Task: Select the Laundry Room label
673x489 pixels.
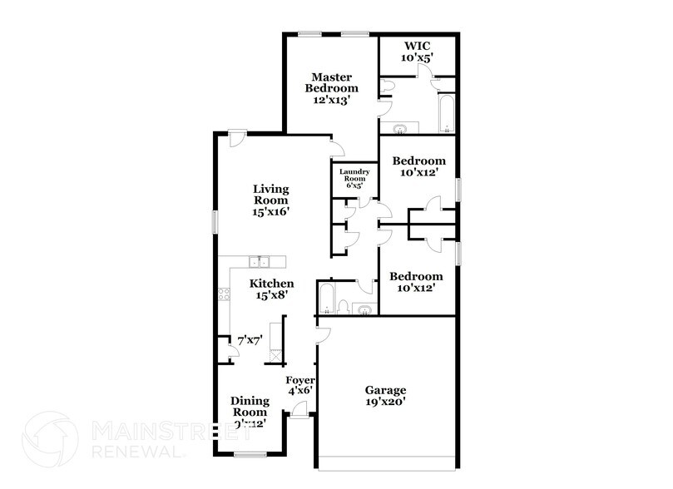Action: click(354, 174)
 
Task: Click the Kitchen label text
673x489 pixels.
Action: click(271, 284)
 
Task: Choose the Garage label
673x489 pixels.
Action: click(385, 390)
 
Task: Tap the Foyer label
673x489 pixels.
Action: click(299, 380)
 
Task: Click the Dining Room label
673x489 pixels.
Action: click(250, 406)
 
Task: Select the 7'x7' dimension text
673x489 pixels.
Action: click(250, 341)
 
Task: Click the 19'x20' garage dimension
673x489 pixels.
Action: click(385, 403)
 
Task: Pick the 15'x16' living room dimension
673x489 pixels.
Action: click(270, 212)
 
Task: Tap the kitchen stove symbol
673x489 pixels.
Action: click(223, 293)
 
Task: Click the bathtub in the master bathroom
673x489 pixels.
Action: click(447, 115)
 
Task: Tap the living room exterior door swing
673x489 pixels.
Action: click(236, 137)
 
